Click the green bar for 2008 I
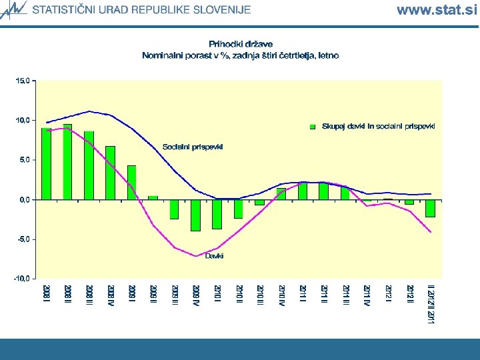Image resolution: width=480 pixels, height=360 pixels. coord(46,163)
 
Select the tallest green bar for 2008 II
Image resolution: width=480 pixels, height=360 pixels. coord(67,161)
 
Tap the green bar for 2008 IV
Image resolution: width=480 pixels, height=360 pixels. coord(110,172)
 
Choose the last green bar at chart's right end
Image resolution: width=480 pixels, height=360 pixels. coord(430,208)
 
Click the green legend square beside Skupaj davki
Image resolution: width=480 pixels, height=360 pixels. coord(313,126)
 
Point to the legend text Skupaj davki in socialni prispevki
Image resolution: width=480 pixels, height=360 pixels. coord(378,126)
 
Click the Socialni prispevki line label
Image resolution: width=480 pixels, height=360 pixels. coord(193,146)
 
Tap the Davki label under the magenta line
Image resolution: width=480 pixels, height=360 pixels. coord(214,255)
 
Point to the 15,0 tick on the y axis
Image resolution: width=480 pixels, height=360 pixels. coord(23,81)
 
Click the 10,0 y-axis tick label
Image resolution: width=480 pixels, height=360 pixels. coord(23,120)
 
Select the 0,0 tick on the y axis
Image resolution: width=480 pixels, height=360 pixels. coord(24,199)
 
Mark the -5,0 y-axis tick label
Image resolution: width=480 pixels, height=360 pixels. coord(23,239)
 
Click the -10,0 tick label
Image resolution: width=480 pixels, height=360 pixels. coord(21,278)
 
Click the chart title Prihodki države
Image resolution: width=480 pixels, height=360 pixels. coord(240,44)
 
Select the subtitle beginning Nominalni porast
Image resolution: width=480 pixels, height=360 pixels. coord(240,55)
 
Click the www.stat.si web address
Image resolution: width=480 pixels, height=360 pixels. coord(436,9)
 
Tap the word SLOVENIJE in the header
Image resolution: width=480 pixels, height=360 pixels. coord(221,10)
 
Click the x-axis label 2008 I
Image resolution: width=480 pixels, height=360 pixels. coord(46,295)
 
